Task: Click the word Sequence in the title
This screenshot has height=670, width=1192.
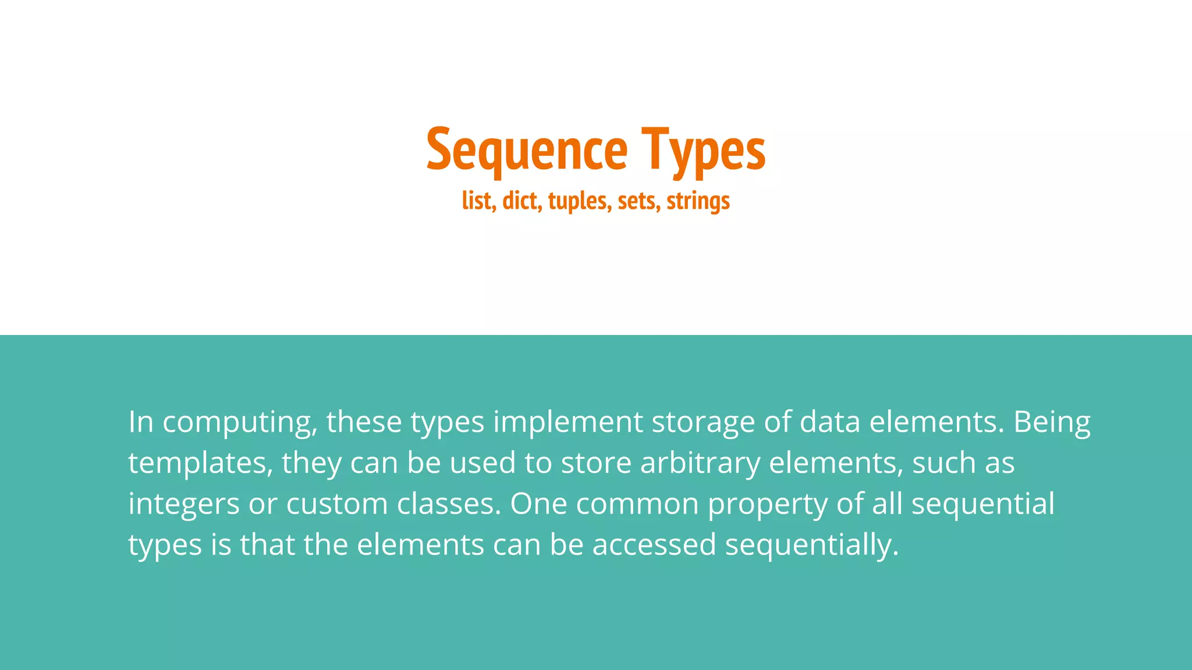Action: (527, 150)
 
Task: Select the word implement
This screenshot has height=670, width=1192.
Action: (568, 423)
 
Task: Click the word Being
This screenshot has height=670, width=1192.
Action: (1052, 423)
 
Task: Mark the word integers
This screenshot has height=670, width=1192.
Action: (184, 504)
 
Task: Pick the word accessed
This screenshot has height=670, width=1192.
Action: (654, 545)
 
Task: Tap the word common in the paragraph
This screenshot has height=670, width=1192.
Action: (637, 504)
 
